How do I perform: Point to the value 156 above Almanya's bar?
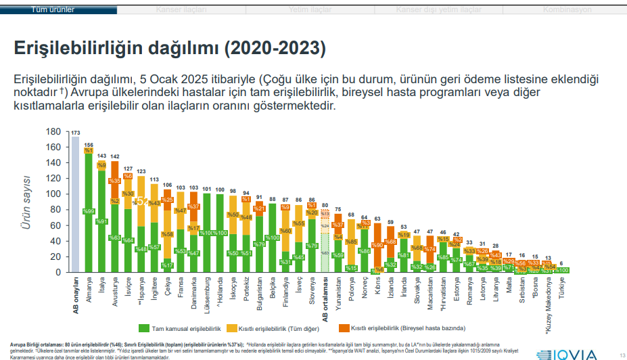89,145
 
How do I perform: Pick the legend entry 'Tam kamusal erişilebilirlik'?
182,328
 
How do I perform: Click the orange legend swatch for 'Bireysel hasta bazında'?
344,328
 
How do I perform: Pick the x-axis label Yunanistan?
338,298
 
